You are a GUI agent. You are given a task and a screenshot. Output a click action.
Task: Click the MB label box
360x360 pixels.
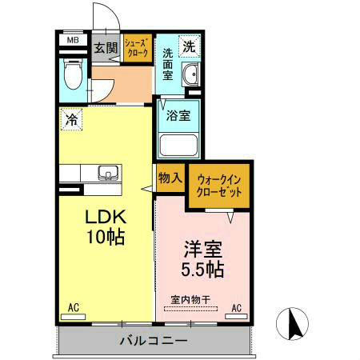(72, 39)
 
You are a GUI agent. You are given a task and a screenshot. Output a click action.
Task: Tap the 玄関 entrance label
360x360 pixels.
(105, 47)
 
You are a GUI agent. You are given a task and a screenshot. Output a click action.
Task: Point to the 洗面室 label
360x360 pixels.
(169, 65)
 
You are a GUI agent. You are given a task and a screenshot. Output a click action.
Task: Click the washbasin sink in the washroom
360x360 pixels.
(190, 76)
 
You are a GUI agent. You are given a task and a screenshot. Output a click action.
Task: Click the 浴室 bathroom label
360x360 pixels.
(178, 115)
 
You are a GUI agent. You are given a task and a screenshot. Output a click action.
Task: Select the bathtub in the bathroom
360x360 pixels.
(179, 145)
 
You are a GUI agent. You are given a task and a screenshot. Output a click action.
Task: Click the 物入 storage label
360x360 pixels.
(169, 178)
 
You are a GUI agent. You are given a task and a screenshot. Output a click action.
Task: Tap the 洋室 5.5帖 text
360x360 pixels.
(201, 258)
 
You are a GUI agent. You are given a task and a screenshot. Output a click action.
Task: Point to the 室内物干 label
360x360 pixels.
(190, 300)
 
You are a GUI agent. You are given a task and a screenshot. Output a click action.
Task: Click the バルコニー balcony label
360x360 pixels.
(154, 341)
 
